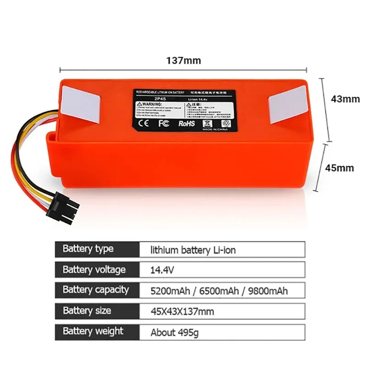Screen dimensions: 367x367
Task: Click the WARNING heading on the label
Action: pyautogui.click(x=152, y=105)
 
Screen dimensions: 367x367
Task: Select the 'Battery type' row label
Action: pyautogui.click(x=88, y=249)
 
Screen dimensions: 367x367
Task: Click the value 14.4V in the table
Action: pyautogui.click(x=162, y=270)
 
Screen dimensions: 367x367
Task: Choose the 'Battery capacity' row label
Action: pyautogui.click(x=95, y=290)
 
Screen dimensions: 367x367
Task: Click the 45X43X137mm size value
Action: pyautogui.click(x=182, y=311)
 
